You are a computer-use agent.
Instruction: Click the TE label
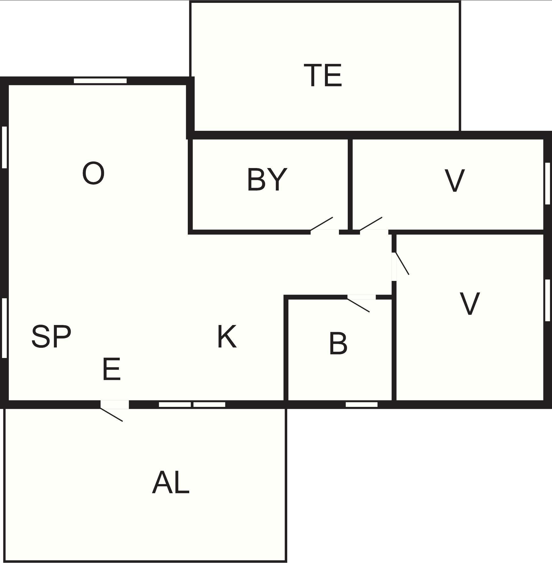pyautogui.click(x=323, y=75)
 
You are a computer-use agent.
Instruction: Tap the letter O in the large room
pyautogui.click(x=93, y=173)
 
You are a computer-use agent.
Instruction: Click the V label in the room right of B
pyautogui.click(x=470, y=303)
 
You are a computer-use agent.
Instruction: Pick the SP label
pyautogui.click(x=51, y=336)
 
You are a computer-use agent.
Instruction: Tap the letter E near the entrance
pyautogui.click(x=112, y=369)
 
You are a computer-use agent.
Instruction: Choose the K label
pyautogui.click(x=227, y=336)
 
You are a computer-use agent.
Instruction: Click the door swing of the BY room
pyautogui.click(x=322, y=224)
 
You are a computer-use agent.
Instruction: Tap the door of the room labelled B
pyautogui.click(x=358, y=305)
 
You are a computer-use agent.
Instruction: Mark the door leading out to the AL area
pyautogui.click(x=112, y=415)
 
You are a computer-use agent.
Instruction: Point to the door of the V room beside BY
pyautogui.click(x=371, y=224)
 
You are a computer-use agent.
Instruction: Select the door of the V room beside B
pyautogui.click(x=402, y=264)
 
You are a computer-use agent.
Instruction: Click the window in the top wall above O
pyautogui.click(x=100, y=81)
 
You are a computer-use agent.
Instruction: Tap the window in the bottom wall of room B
pyautogui.click(x=362, y=405)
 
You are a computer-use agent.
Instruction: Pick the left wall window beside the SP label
pyautogui.click(x=4, y=328)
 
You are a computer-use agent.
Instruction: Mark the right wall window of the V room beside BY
pyautogui.click(x=548, y=183)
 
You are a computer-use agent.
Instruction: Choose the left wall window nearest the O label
pyautogui.click(x=4, y=147)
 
